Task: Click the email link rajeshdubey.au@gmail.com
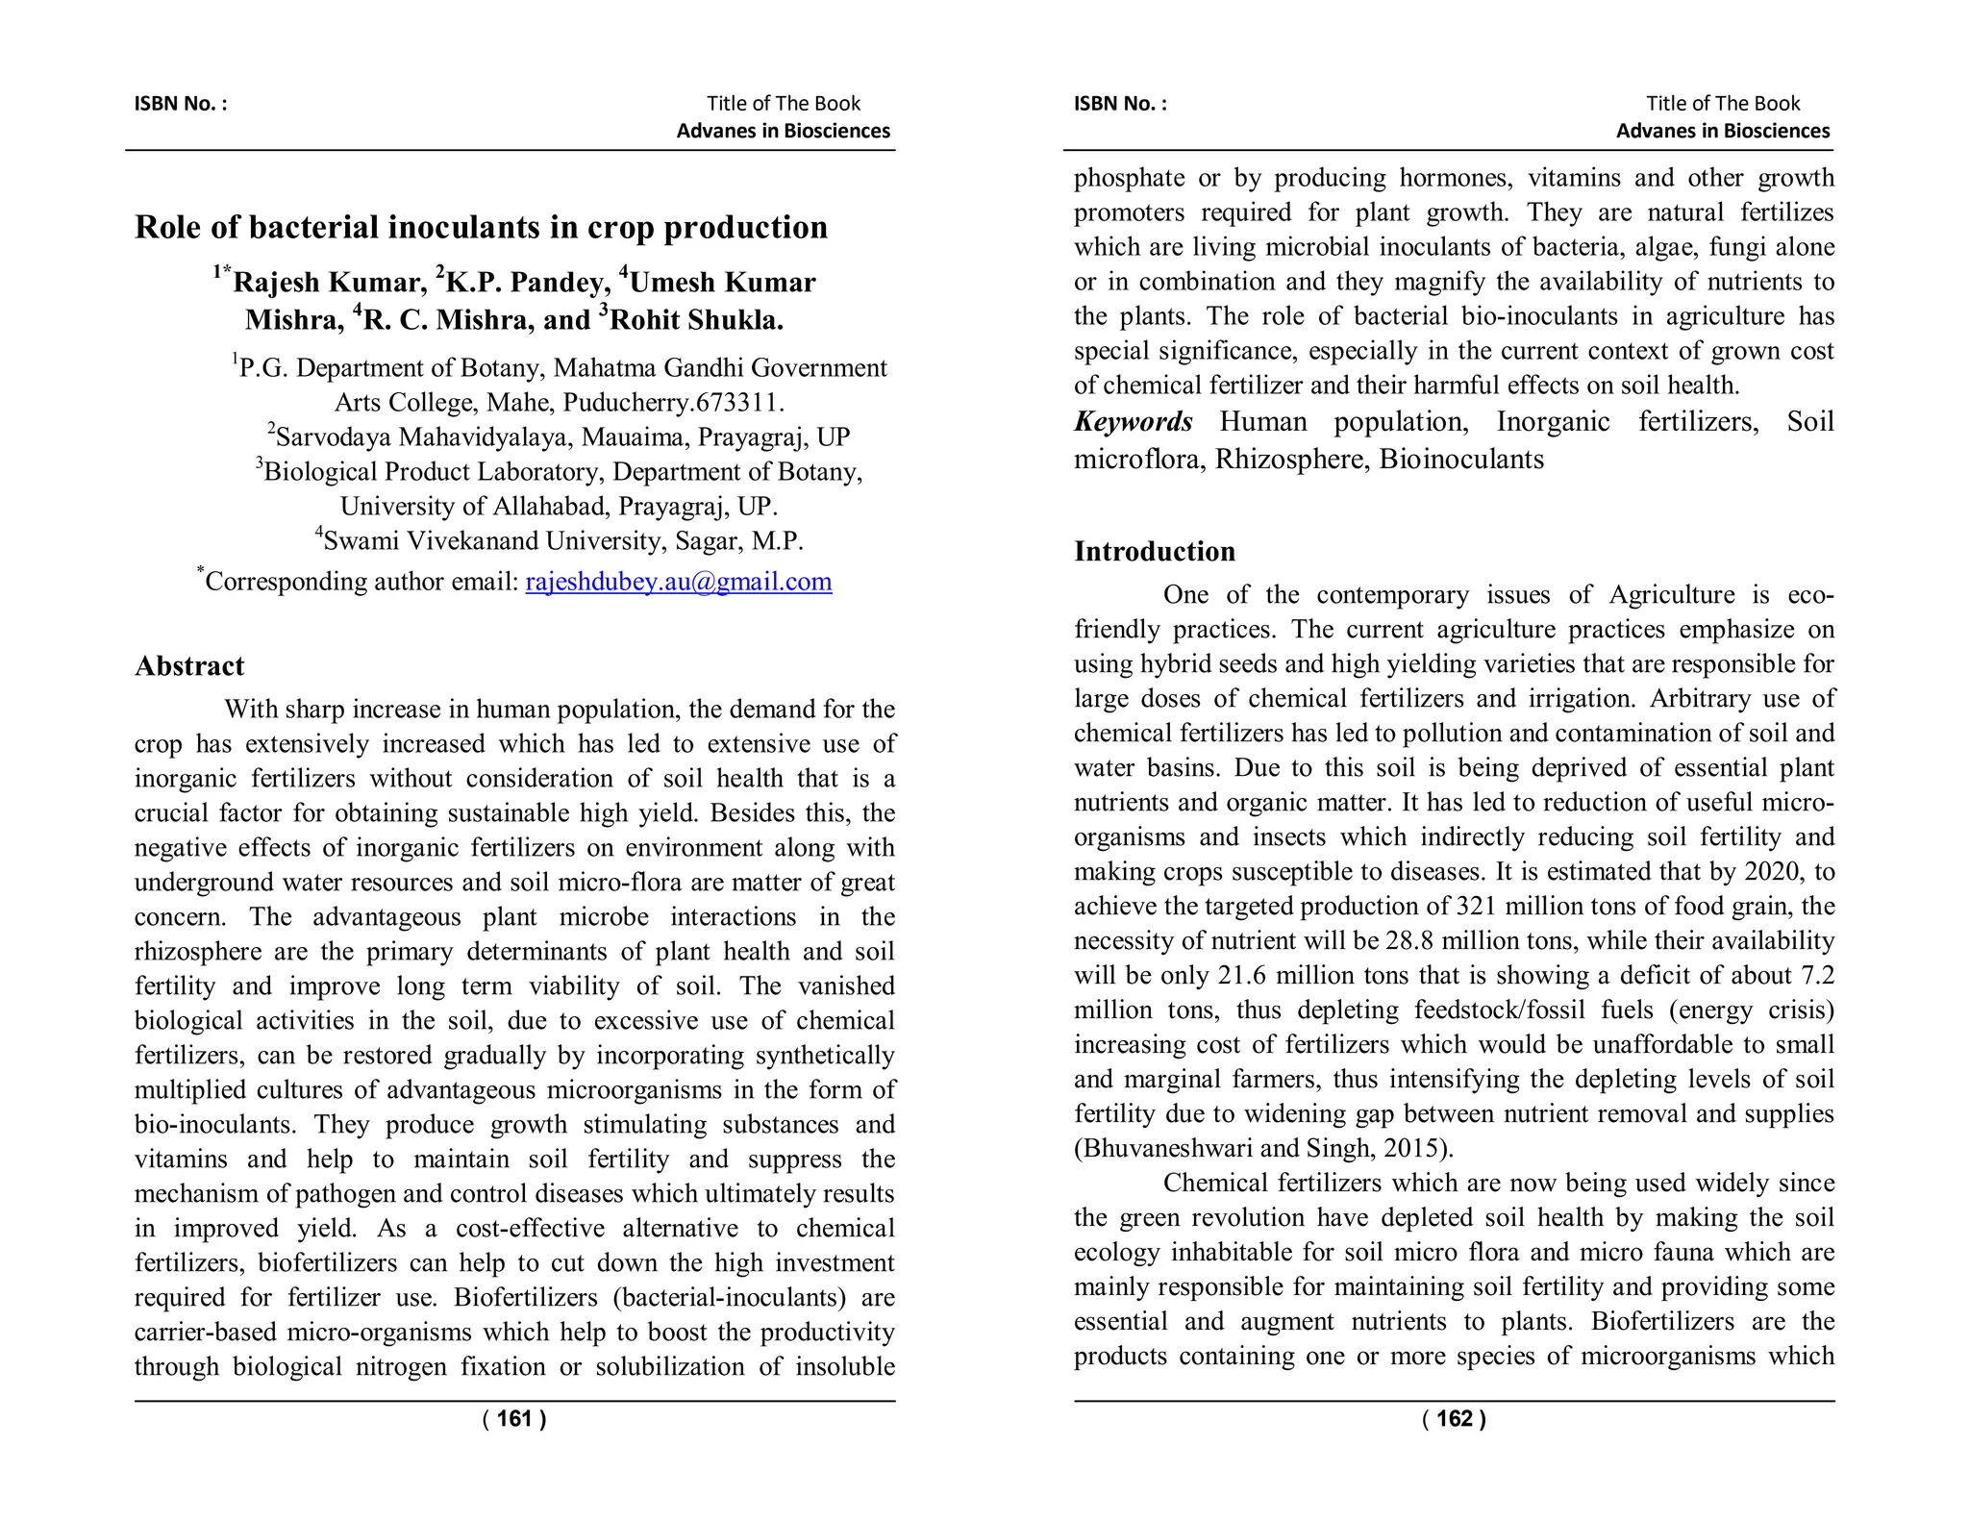tap(678, 583)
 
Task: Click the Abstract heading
tap(189, 666)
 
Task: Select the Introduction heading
tap(1154, 552)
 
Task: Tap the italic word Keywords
tap(1133, 422)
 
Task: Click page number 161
tap(514, 1419)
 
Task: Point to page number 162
tap(1454, 1419)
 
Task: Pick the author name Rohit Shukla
tap(695, 320)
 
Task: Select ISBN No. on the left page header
tap(180, 104)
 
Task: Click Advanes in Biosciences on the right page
tap(1722, 132)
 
